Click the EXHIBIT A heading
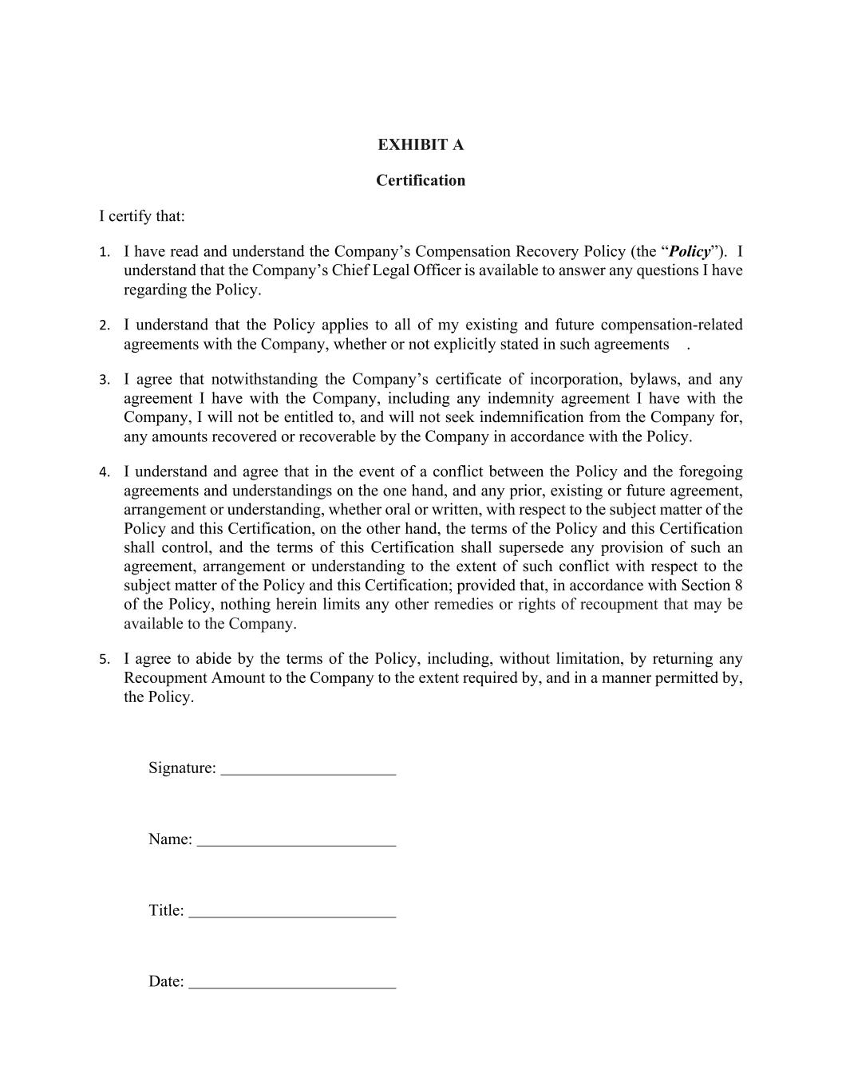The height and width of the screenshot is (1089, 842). [421, 144]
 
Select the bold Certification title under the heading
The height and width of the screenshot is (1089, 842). [421, 180]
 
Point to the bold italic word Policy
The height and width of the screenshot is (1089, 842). [690, 251]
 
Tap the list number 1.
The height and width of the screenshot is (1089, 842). [104, 252]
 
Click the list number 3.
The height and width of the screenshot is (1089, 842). [104, 380]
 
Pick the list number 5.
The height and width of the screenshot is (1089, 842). [104, 660]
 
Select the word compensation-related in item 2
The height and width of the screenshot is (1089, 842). [671, 325]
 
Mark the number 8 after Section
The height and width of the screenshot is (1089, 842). [737, 586]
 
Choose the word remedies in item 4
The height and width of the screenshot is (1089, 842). [464, 604]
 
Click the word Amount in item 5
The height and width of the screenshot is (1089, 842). [239, 678]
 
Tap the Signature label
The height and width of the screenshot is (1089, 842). [182, 768]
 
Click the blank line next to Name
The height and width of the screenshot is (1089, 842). [296, 842]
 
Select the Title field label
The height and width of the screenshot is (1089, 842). [166, 910]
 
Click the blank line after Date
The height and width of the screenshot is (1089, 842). [292, 985]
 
